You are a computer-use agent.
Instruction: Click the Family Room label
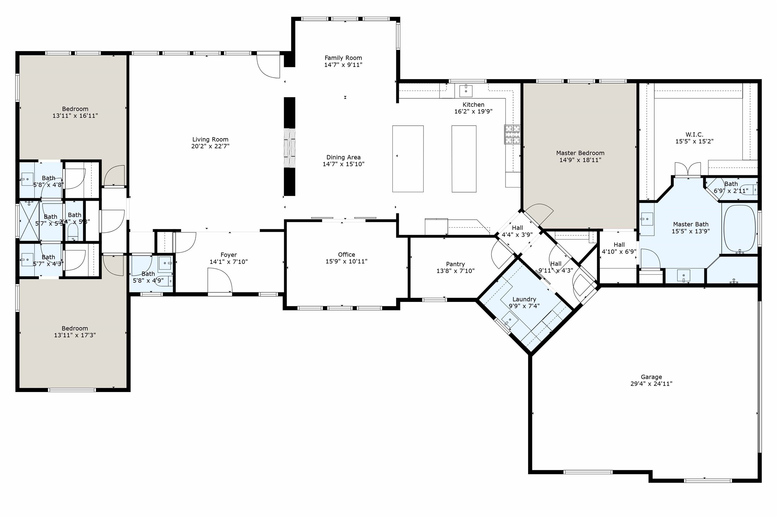point(343,58)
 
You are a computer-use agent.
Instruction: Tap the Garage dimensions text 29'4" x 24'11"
point(651,384)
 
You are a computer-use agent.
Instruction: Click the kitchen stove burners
point(512,134)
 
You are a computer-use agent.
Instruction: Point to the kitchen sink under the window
point(465,91)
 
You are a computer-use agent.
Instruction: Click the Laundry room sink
point(509,319)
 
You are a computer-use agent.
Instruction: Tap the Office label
point(346,254)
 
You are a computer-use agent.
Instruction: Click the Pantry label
point(455,264)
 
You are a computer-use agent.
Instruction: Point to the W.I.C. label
point(694,135)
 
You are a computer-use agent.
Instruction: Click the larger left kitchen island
point(407,158)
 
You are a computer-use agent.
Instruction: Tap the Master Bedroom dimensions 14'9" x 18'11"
point(580,160)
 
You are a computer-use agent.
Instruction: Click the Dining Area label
point(343,157)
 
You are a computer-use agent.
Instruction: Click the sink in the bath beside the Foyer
point(165,263)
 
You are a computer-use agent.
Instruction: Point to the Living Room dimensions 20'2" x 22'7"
point(210,146)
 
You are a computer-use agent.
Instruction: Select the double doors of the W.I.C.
point(687,169)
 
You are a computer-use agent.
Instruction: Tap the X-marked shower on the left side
point(29,220)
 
